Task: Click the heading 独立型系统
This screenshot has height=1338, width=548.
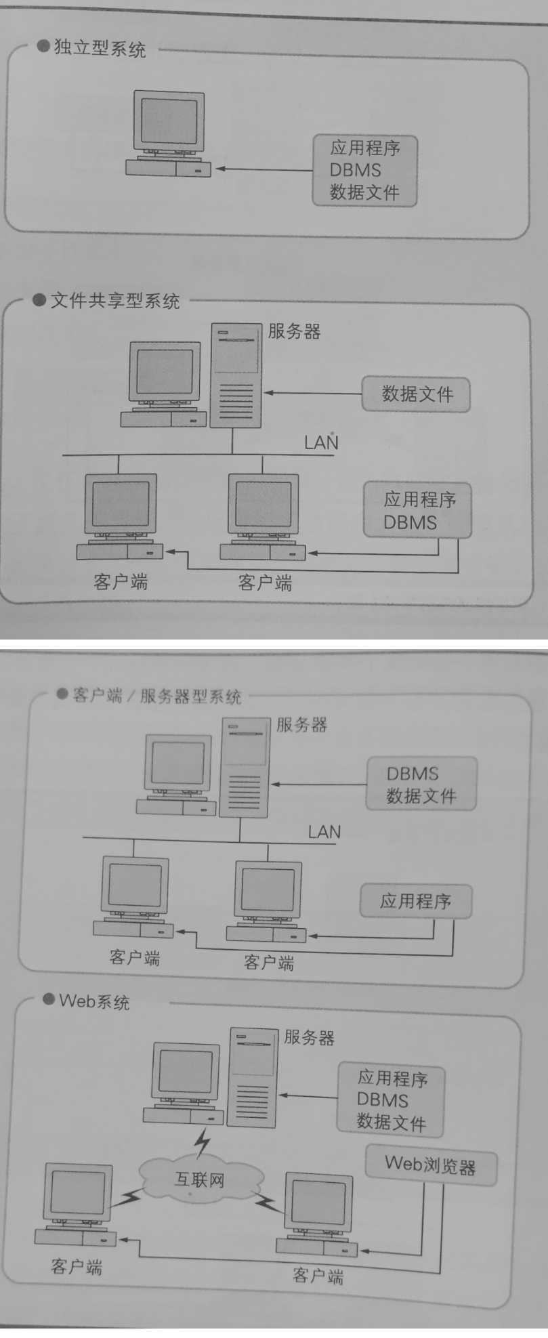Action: click(100, 49)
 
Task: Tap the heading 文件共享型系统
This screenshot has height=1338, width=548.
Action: click(115, 301)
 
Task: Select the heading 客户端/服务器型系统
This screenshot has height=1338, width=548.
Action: click(157, 696)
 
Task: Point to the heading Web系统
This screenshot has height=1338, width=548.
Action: click(94, 1001)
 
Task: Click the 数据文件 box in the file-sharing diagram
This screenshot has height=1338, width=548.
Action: click(416, 394)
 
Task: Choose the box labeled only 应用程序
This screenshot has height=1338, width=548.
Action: click(415, 901)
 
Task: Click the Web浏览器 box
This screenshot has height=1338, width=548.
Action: click(431, 1165)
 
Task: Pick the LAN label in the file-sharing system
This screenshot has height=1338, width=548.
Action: click(321, 442)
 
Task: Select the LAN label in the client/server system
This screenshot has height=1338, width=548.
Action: click(324, 832)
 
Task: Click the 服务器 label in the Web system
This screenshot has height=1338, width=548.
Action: click(309, 1037)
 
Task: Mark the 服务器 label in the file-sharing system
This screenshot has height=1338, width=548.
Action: click(295, 331)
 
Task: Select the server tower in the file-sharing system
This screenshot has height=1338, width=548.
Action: click(236, 375)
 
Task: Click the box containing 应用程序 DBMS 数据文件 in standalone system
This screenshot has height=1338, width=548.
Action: click(364, 170)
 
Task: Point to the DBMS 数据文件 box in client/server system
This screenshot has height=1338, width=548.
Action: click(421, 784)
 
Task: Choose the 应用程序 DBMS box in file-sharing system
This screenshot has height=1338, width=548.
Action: click(417, 510)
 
